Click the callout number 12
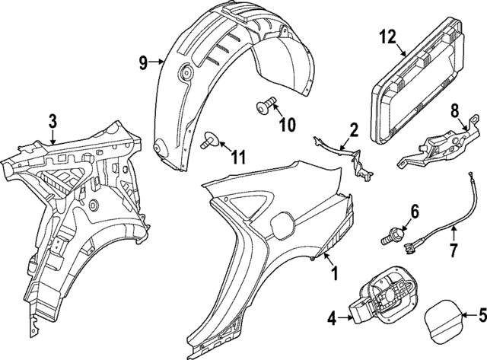click(x=387, y=37)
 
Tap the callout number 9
click(x=143, y=62)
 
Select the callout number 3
click(x=53, y=122)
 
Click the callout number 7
click(x=454, y=250)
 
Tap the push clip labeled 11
click(x=210, y=139)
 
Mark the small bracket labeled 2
click(x=345, y=158)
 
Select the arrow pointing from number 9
click(x=157, y=62)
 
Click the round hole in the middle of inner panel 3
click(x=93, y=205)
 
